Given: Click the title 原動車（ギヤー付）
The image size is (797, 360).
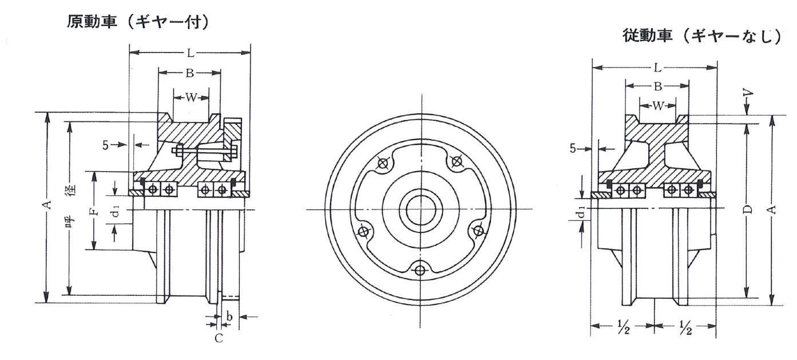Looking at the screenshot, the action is (137, 22).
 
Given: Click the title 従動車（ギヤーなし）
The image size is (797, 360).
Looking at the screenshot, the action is (701, 36).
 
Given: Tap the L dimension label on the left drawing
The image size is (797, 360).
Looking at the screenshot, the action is (191, 53).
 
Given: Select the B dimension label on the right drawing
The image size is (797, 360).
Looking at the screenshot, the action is (657, 86).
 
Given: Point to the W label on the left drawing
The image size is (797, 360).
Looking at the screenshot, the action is (191, 97).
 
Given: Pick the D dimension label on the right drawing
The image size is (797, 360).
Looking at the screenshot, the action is (748, 209).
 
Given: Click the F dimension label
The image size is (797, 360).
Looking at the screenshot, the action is (94, 212).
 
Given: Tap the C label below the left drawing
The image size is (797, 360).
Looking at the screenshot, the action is (219, 338).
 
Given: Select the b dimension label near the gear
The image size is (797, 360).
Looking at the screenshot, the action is (229, 316).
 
